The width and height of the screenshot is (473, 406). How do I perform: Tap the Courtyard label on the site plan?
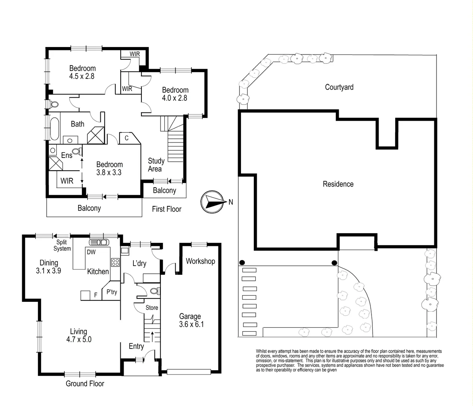click(339, 87)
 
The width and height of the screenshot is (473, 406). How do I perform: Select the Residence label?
click(338, 184)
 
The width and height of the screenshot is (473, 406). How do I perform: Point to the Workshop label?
click(200, 261)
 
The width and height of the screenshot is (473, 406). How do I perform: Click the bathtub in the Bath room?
click(55, 128)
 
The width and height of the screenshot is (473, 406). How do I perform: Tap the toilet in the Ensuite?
click(76, 151)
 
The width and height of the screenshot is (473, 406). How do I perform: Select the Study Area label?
click(156, 165)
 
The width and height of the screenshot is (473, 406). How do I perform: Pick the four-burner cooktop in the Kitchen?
click(115, 262)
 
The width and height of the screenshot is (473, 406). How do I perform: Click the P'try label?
click(112, 292)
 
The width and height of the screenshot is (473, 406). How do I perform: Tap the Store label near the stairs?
click(152, 308)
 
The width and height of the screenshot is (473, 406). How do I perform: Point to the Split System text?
click(62, 245)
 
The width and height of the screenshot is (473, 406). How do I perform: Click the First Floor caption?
click(167, 209)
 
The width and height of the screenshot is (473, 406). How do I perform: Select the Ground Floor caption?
click(85, 383)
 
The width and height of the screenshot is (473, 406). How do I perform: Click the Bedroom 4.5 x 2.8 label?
click(82, 72)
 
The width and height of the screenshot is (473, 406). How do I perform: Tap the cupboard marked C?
click(127, 138)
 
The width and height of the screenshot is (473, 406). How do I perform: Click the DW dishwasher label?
click(91, 252)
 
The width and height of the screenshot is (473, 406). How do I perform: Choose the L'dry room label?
click(139, 264)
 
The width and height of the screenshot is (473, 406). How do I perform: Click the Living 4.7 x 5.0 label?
click(79, 335)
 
